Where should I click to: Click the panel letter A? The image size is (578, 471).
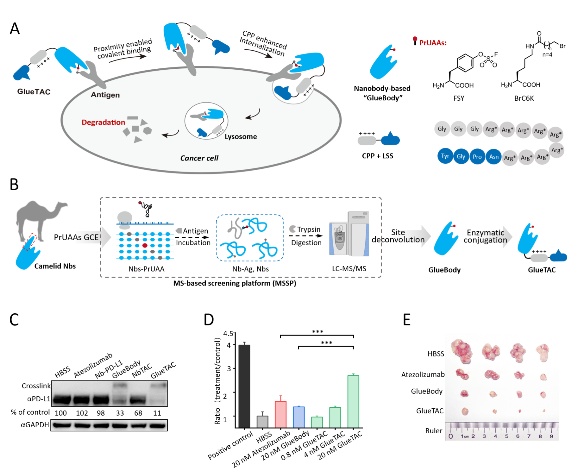[15, 29]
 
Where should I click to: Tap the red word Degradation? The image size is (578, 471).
[103, 122]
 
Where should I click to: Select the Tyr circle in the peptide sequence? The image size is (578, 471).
[445, 156]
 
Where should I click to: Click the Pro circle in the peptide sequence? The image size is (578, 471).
[477, 156]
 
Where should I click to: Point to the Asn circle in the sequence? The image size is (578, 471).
[494, 156]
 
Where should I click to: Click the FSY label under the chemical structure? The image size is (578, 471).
[459, 98]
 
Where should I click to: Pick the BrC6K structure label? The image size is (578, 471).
[524, 98]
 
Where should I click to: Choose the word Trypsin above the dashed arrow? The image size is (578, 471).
[309, 229]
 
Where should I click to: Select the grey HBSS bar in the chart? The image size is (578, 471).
[262, 422]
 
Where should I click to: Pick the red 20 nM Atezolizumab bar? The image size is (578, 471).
[281, 414]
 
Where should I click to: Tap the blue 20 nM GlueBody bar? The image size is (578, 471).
[299, 417]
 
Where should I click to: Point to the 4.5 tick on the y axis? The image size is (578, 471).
[228, 333]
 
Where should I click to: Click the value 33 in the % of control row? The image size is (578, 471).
[120, 413]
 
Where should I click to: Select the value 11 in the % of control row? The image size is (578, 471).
[157, 413]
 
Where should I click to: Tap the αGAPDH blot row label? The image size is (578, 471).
[35, 425]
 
